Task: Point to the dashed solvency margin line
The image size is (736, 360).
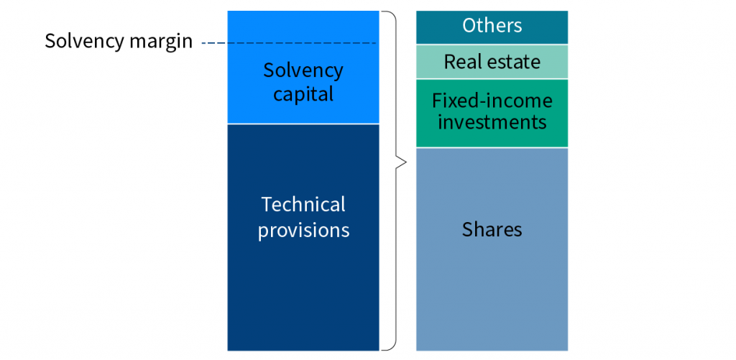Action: pyautogui.click(x=289, y=43)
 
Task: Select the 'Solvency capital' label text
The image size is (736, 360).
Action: pyautogui.click(x=303, y=82)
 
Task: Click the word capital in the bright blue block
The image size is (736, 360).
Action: pyautogui.click(x=303, y=94)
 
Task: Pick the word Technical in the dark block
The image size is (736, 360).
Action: pyautogui.click(x=303, y=205)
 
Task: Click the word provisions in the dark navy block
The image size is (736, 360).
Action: pyautogui.click(x=304, y=231)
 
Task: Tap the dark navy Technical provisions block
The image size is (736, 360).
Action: pyautogui.click(x=303, y=238)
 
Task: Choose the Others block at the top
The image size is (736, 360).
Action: pyautogui.click(x=492, y=27)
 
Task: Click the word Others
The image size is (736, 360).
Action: pyautogui.click(x=492, y=26)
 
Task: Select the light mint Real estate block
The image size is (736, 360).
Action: pyautogui.click(x=492, y=62)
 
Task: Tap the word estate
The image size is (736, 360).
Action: pyautogui.click(x=512, y=62)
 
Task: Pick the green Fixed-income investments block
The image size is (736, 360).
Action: pyautogui.click(x=492, y=113)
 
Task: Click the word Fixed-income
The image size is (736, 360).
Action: pyautogui.click(x=492, y=101)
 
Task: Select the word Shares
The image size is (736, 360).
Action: pyautogui.click(x=492, y=229)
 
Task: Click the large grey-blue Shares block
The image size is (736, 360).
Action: pyautogui.click(x=492, y=249)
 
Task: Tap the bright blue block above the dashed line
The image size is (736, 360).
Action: pyautogui.click(x=303, y=27)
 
